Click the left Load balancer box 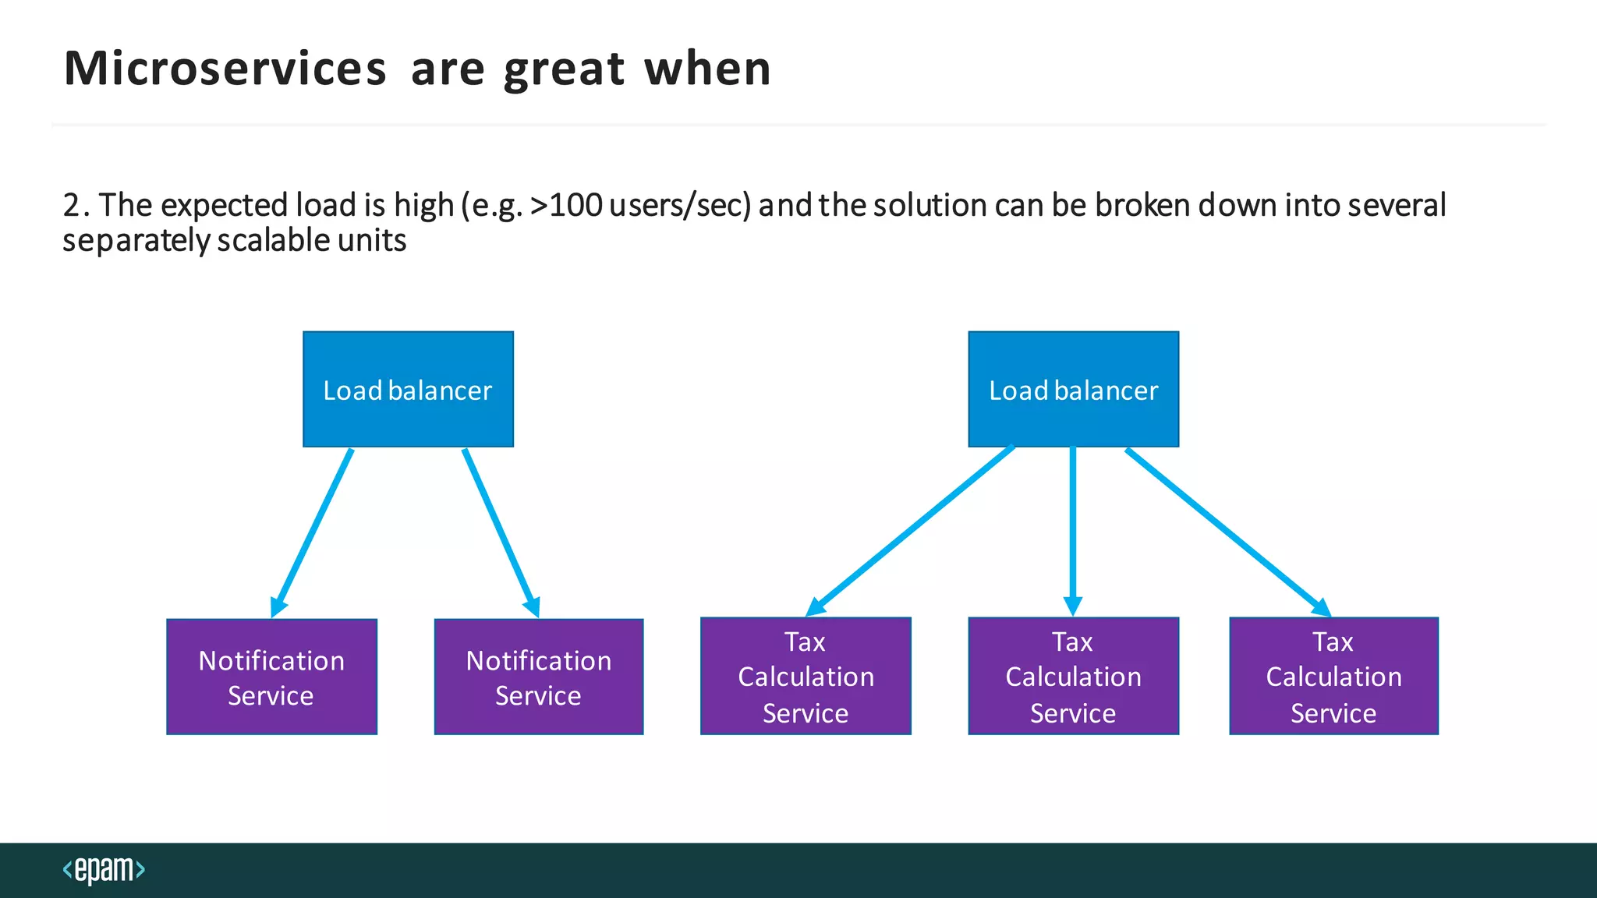[408, 389]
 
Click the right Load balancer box [1073, 389]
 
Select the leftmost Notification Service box [271, 677]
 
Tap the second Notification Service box [538, 677]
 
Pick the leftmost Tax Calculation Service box [806, 676]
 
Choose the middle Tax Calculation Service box [1073, 676]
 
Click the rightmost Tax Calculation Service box [1333, 676]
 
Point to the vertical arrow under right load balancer [1073, 530]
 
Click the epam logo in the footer [104, 869]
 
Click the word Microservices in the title [225, 69]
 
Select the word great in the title [564, 69]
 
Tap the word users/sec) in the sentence [680, 206]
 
